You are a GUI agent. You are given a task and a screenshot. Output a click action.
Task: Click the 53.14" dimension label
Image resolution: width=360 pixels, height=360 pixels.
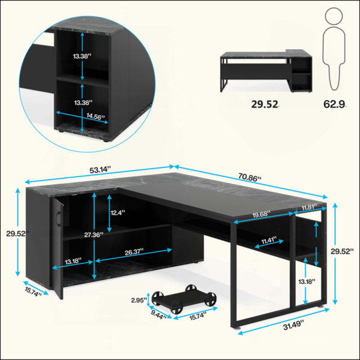click(x=100, y=170)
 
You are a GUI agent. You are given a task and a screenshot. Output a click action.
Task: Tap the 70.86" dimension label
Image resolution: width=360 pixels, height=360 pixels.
click(x=250, y=177)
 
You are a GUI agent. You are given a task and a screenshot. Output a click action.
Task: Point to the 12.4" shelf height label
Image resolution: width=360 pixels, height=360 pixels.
click(x=118, y=212)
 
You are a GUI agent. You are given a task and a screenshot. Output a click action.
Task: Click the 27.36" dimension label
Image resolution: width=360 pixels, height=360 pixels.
click(x=94, y=235)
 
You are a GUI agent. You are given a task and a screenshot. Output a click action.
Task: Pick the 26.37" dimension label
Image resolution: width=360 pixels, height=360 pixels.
click(x=134, y=252)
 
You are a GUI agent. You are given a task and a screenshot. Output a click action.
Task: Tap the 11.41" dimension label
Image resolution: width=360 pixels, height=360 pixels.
click(x=269, y=241)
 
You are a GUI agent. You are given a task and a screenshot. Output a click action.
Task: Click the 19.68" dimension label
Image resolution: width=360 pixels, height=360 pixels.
click(x=261, y=214)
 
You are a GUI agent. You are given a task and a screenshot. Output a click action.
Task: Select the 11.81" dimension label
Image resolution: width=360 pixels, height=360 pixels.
click(x=309, y=207)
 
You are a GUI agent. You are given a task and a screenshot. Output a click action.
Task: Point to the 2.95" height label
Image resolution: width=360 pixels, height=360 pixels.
click(x=139, y=300)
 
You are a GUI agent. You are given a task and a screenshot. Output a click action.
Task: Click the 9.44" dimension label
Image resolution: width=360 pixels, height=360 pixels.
click(x=158, y=314)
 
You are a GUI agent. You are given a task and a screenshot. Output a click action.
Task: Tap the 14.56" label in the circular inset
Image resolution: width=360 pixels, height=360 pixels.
click(x=96, y=116)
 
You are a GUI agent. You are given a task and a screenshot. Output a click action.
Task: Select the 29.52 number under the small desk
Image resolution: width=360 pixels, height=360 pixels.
click(x=265, y=104)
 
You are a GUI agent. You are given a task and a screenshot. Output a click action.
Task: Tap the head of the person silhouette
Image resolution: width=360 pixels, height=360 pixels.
click(x=334, y=16)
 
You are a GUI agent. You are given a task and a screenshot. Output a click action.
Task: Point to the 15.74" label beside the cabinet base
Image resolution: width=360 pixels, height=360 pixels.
click(x=33, y=292)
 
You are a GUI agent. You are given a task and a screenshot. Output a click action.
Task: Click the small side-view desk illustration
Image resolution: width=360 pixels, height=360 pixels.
click(x=266, y=71)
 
